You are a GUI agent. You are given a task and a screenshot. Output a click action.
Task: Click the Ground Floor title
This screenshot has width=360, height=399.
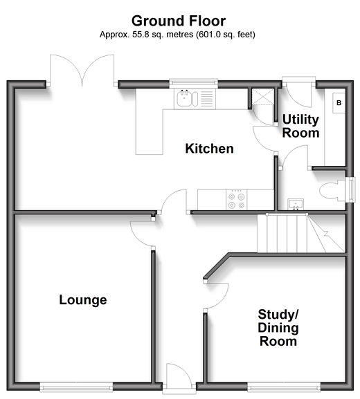pos(179,21)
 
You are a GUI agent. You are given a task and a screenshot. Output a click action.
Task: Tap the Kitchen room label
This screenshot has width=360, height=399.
pos(210,149)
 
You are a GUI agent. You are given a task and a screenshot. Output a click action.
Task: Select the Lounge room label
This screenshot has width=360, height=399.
pos(83,299)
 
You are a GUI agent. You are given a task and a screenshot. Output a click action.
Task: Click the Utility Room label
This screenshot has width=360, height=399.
pos(300,127)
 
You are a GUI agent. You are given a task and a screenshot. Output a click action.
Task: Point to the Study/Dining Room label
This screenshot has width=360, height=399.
pos(278,328)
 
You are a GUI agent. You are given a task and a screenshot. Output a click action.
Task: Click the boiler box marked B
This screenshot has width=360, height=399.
pos(339,103)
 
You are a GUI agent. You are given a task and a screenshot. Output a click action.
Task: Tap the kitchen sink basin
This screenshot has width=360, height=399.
pos(184,98)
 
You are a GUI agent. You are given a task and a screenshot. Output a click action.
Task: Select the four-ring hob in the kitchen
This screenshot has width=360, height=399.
pos(237,200)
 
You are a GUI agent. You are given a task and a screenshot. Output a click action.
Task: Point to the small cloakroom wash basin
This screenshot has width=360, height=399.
pos(296,204)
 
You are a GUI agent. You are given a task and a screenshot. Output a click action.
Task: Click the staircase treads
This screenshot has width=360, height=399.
pos(301,234)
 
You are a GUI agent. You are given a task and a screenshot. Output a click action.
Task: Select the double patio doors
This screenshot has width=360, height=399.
pos(82,71)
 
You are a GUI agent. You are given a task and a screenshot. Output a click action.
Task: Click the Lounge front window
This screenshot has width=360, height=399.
pos(76,387)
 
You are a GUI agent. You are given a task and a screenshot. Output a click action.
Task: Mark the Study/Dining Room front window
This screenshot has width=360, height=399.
pos(284,387)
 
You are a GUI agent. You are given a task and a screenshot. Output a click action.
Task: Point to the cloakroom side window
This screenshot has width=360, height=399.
pos(352,189)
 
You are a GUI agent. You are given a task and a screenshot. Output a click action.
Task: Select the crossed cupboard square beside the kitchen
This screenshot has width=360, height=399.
pos(262,97)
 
